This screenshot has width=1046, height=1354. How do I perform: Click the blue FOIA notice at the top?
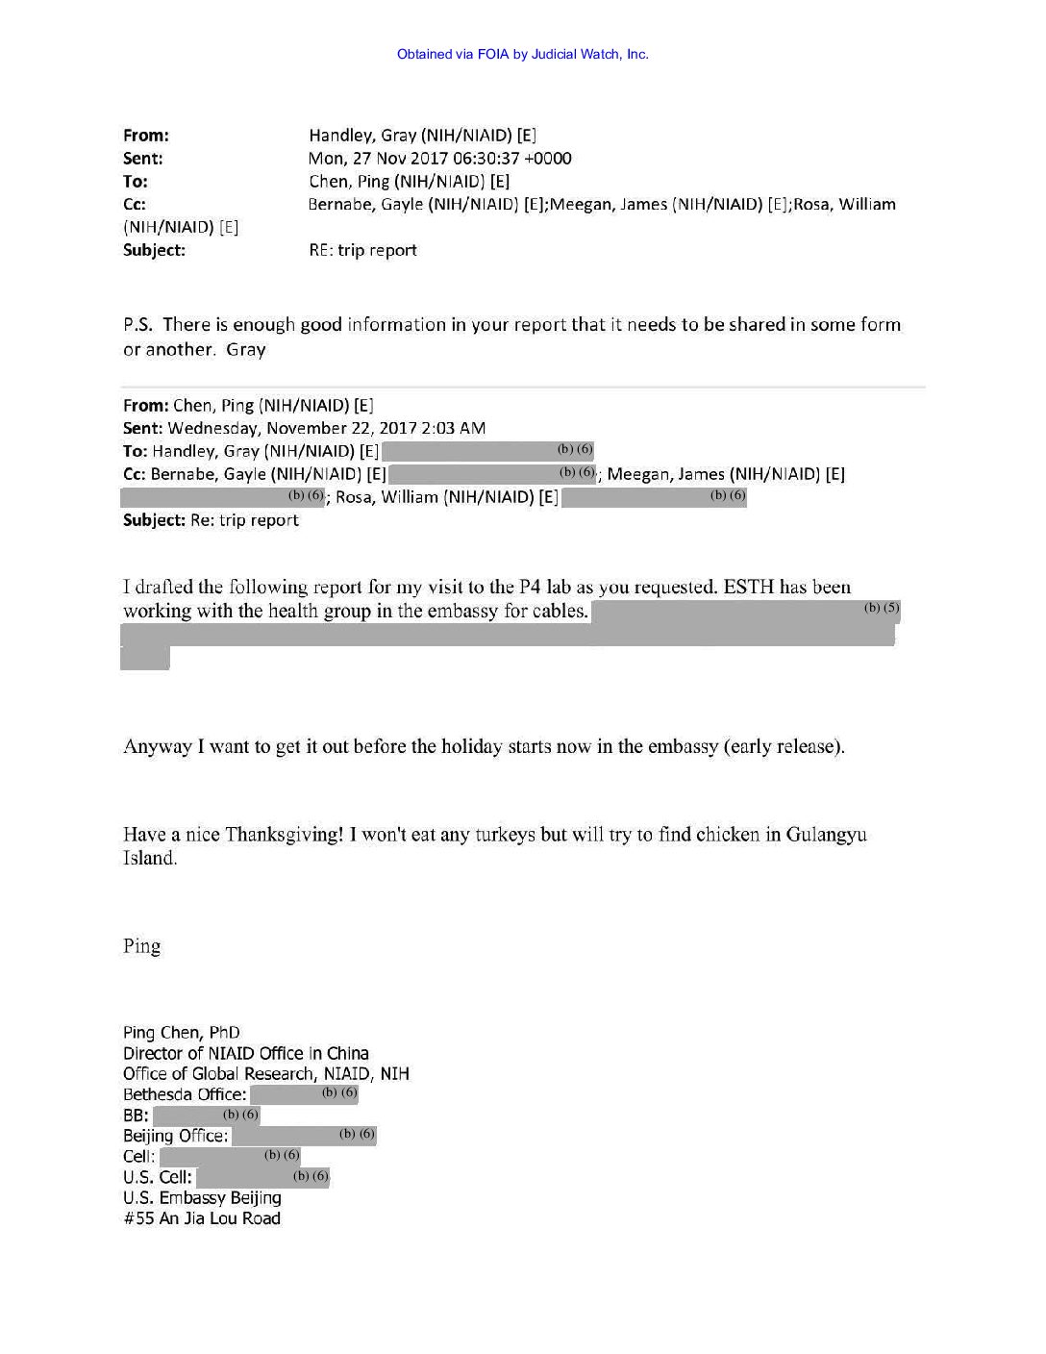[x=522, y=54]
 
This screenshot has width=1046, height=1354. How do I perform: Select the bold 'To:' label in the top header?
[x=136, y=182]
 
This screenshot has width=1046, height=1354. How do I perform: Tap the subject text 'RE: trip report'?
[x=362, y=250]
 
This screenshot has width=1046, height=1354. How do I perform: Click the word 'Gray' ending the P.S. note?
[x=245, y=350]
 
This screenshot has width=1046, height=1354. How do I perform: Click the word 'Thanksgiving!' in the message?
[x=284, y=835]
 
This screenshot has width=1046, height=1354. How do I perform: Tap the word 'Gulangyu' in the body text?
[x=827, y=835]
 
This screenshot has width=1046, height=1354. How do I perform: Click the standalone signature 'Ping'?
[x=141, y=946]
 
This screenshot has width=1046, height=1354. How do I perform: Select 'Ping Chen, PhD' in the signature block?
[x=182, y=1033]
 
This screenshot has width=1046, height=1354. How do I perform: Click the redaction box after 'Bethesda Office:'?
[x=305, y=1094]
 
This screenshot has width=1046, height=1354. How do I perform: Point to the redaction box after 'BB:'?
[x=206, y=1116]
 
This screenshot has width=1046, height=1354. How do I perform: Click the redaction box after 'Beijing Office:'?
[x=304, y=1136]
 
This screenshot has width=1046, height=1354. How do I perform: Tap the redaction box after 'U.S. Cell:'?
[x=261, y=1177]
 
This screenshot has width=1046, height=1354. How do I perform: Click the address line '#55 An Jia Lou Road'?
[x=202, y=1218]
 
